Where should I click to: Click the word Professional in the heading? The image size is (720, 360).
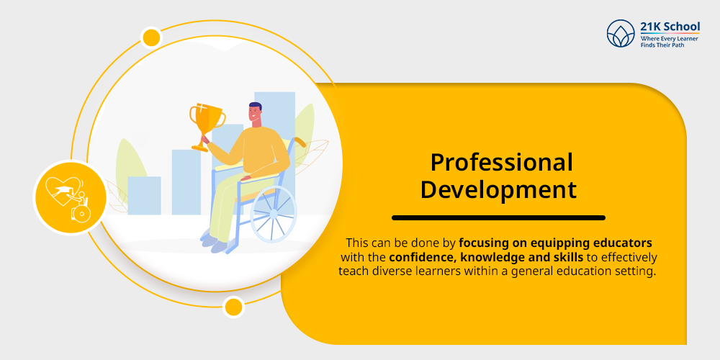[x=501, y=163]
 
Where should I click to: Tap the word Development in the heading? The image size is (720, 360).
[x=498, y=190]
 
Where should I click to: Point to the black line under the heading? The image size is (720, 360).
[x=498, y=217]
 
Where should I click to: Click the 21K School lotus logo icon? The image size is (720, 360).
[x=621, y=34]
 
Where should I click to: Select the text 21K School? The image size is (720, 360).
[x=670, y=26]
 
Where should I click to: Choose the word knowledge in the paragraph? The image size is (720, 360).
[x=492, y=257]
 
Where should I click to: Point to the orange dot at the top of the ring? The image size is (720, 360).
[x=151, y=37]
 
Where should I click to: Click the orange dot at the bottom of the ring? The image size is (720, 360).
[x=233, y=307]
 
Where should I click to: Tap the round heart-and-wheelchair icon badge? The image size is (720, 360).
[x=71, y=197]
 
